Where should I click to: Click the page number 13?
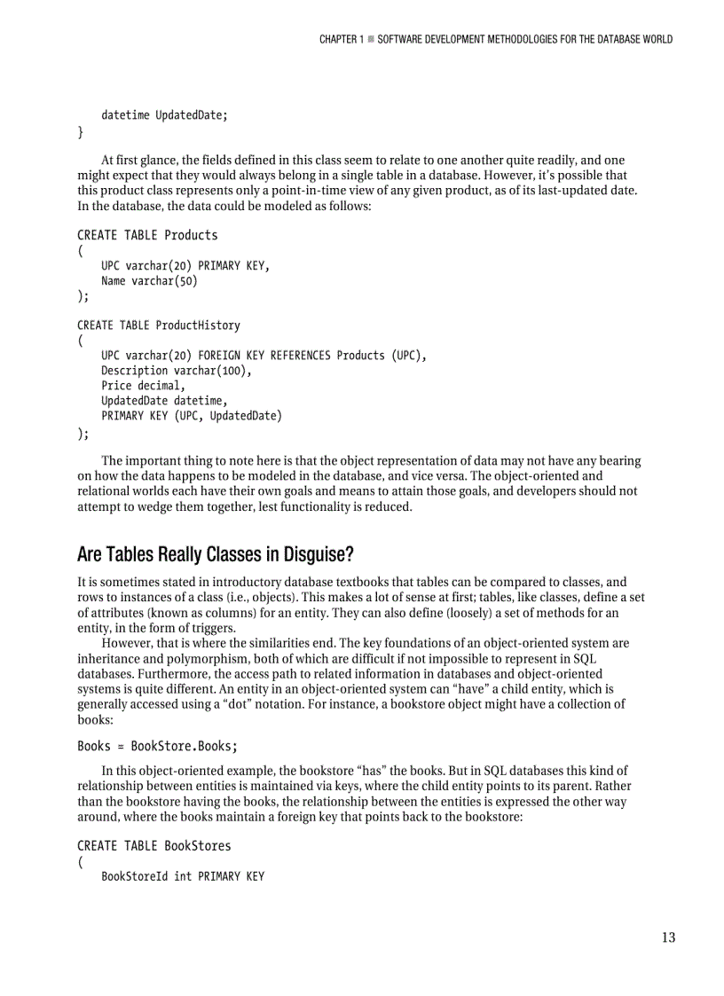[x=668, y=937]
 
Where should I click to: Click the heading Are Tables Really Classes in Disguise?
[x=216, y=555]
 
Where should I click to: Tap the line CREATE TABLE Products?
[x=147, y=235]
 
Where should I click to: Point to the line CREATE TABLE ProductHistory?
[x=159, y=325]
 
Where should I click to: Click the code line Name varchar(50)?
[x=149, y=281]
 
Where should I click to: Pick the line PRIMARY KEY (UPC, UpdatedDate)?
[x=192, y=416]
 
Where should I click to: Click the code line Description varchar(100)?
[x=177, y=371]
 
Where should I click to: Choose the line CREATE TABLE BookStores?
[x=154, y=846]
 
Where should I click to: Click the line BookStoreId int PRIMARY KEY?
[x=183, y=877]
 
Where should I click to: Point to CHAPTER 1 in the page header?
[x=342, y=39]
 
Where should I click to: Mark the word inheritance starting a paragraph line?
[x=109, y=658]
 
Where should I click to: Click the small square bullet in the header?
[x=371, y=39]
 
